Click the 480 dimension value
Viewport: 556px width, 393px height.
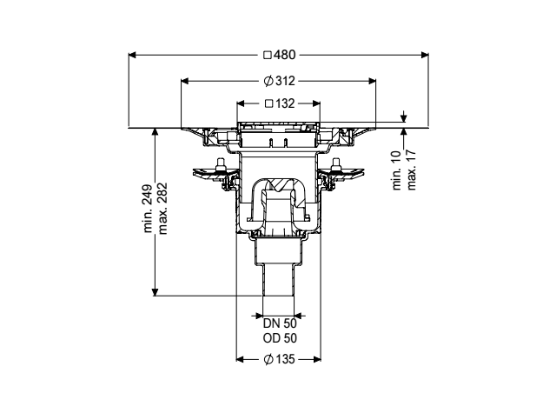pyautogui.click(x=284, y=55)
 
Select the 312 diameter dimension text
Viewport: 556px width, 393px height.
pyautogui.click(x=285, y=82)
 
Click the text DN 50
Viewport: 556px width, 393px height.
pyautogui.click(x=280, y=323)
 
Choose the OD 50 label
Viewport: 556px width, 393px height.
pyautogui.click(x=280, y=339)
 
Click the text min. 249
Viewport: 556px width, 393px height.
pyautogui.click(x=149, y=209)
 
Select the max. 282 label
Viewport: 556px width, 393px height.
pyautogui.click(x=162, y=209)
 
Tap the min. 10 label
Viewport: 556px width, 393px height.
pyautogui.click(x=396, y=170)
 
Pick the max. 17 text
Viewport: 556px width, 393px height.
pyautogui.click(x=411, y=170)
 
